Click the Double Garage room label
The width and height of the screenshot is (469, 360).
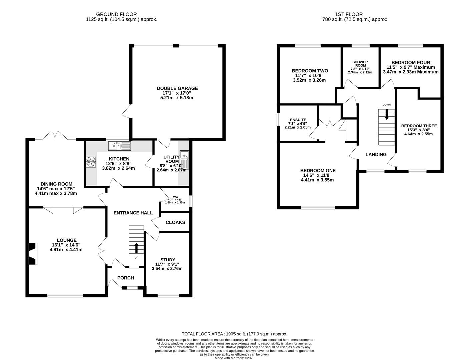tap(177, 88)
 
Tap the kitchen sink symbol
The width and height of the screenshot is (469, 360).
tap(119, 146)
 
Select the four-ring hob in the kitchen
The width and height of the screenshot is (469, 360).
tap(91, 162)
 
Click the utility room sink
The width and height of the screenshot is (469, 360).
tap(184, 160)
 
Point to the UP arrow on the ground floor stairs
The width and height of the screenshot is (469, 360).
tap(136, 248)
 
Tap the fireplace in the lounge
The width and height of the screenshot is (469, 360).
tap(33, 253)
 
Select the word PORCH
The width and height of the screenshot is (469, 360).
tap(126, 278)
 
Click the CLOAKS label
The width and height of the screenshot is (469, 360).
tap(175, 222)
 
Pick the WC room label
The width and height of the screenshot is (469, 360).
tap(175, 197)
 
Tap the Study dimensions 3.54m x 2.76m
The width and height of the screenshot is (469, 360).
tap(167, 269)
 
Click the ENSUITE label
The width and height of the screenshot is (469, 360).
tap(298, 120)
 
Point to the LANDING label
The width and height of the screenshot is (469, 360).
tap(376, 154)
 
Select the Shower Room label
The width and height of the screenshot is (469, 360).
tap(360, 64)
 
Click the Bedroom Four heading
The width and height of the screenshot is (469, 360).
tap(411, 63)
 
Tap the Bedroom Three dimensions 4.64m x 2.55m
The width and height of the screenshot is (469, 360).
tap(418, 134)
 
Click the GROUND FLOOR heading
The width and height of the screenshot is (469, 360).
tap(116, 14)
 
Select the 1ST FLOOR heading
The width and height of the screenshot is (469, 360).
tap(349, 14)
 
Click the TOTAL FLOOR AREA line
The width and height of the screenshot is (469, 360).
tap(234, 334)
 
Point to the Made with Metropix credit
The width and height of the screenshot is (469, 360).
tap(234, 358)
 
